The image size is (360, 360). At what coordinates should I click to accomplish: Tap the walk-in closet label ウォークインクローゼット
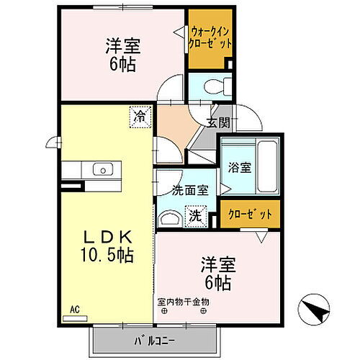[211, 37]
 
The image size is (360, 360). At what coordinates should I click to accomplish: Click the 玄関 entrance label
[218, 122]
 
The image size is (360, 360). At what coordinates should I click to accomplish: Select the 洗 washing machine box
[195, 214]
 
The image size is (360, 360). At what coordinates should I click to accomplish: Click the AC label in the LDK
[73, 309]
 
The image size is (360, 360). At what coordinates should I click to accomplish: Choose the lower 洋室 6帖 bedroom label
[216, 274]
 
